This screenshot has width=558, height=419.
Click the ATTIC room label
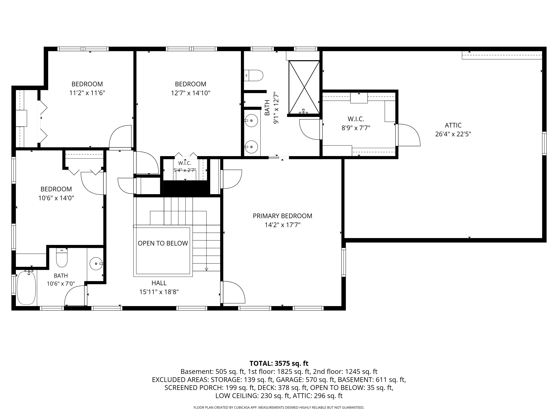453,125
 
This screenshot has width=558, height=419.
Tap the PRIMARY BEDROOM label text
282,216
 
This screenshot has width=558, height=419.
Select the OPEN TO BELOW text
163,243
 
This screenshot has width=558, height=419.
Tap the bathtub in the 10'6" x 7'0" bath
26,288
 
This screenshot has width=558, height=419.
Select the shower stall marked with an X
304,87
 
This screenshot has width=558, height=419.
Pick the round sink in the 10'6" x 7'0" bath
96,263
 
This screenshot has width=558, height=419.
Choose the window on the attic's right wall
544,143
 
